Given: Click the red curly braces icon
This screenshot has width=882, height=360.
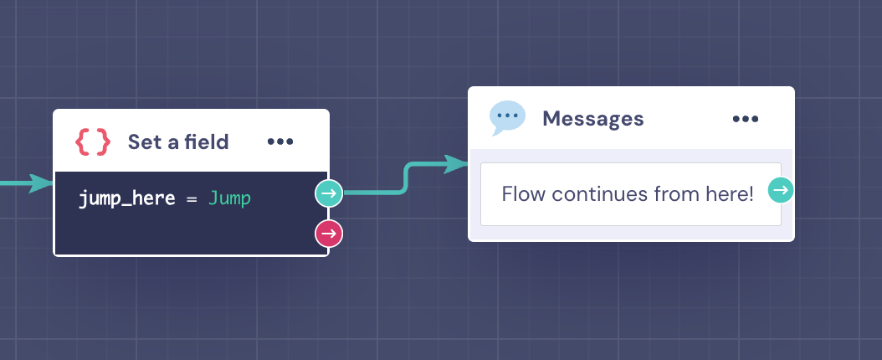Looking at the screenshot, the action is point(93,141).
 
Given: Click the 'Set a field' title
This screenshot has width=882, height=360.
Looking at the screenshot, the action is point(178,141).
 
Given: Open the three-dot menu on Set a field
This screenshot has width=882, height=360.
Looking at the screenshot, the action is point(280,141).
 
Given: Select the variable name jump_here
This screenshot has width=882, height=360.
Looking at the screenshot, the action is point(126,198).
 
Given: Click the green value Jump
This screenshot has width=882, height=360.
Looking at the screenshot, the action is point(229,198).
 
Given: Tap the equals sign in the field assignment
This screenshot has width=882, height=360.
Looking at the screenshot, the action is point(192,198).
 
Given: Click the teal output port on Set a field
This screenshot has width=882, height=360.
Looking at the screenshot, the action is point(329,193).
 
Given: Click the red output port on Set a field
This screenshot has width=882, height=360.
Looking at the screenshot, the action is point(329,234).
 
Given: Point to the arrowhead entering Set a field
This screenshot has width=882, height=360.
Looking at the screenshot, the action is point(41,183).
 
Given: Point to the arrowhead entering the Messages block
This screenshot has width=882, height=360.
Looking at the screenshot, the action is point(455,164).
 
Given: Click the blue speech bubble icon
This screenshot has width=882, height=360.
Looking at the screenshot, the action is point(507,118).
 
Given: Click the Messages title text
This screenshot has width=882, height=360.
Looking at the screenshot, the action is point(592,119).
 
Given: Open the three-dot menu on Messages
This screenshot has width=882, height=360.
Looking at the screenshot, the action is point(746,119).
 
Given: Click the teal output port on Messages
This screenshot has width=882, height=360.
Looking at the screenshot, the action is point(781,190).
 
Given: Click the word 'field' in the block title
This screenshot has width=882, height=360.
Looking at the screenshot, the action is point(205,141).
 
